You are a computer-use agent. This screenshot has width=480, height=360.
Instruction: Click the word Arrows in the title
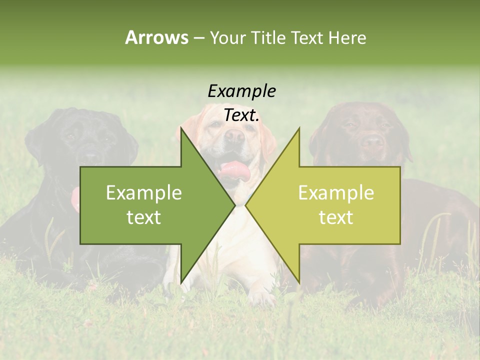[x=156, y=38]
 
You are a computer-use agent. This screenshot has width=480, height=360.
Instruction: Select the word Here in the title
[x=347, y=38]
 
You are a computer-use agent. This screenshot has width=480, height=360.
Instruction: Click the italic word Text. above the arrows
[x=241, y=115]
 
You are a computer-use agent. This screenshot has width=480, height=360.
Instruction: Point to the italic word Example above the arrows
[x=241, y=91]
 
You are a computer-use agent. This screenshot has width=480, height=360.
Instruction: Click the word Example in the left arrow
[x=144, y=193]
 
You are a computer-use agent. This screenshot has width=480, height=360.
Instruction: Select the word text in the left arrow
[x=144, y=217]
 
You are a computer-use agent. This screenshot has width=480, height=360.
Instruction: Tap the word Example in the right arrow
[x=336, y=193]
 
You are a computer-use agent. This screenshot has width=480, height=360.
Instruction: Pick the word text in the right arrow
[x=336, y=217]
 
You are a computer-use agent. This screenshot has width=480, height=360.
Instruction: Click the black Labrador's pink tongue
[x=75, y=199]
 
